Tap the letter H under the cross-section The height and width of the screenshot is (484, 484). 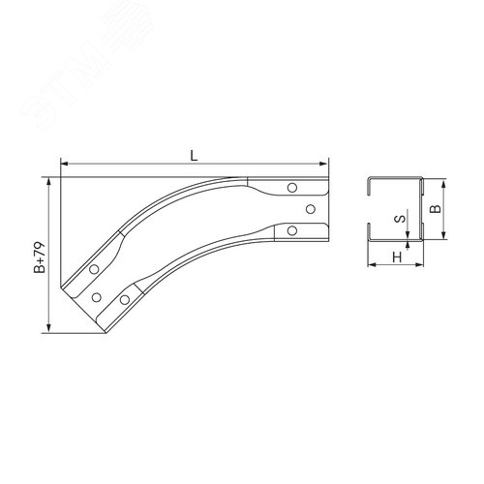point(397,257)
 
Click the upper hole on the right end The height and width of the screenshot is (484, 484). point(293,188)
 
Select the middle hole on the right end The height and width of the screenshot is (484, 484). point(310,208)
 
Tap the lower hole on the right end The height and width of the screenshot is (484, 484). point(292,229)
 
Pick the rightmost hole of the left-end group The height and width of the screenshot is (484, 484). point(124,298)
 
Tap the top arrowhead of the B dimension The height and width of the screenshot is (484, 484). point(443,182)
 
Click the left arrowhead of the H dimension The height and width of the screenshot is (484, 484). point(371,264)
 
